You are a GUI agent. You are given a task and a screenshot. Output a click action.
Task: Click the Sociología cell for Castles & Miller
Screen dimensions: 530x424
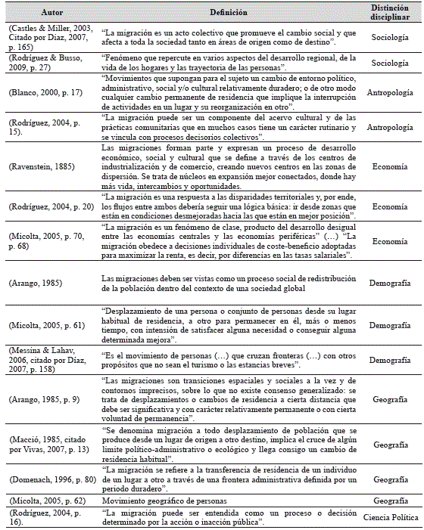[390, 36]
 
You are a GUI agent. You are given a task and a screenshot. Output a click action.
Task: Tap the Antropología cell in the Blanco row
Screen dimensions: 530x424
[390, 92]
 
